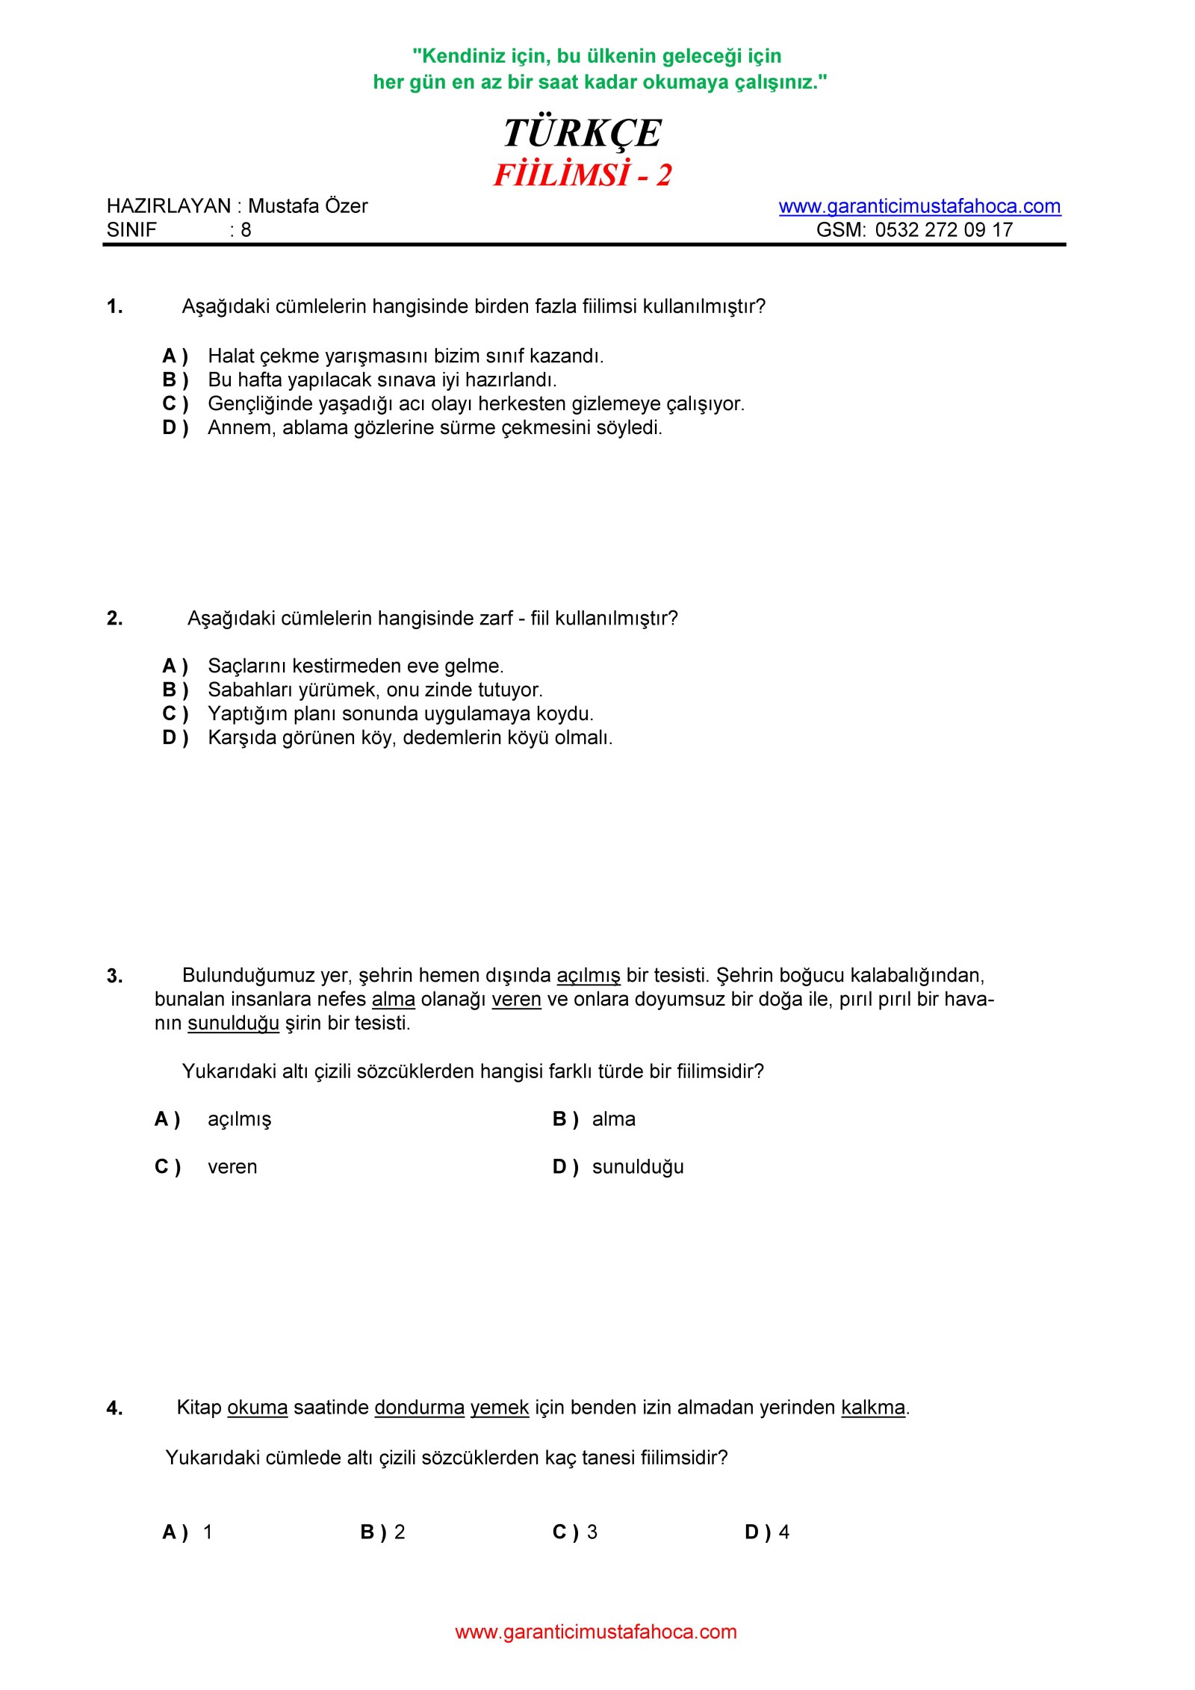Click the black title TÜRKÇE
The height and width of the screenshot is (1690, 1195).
click(x=582, y=134)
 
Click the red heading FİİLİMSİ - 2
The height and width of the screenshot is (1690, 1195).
click(x=583, y=176)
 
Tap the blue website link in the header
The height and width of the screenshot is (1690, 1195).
click(x=919, y=206)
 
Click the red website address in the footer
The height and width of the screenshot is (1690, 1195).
click(x=596, y=1632)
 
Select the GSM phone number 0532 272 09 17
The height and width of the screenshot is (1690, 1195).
click(x=943, y=230)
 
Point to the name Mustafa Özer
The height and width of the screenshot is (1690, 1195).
click(x=308, y=206)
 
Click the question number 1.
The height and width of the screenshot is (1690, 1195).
click(x=114, y=306)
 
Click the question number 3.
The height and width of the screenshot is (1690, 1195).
click(x=114, y=976)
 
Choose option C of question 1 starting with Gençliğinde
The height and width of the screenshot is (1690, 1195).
click(x=476, y=404)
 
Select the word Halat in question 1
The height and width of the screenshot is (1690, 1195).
click(x=231, y=356)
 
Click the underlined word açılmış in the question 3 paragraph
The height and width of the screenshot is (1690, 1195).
click(x=589, y=976)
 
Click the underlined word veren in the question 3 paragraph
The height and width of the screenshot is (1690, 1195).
click(x=516, y=1000)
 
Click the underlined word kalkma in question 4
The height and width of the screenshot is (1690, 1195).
click(x=872, y=1408)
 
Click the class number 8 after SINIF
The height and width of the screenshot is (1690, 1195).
click(x=246, y=230)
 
